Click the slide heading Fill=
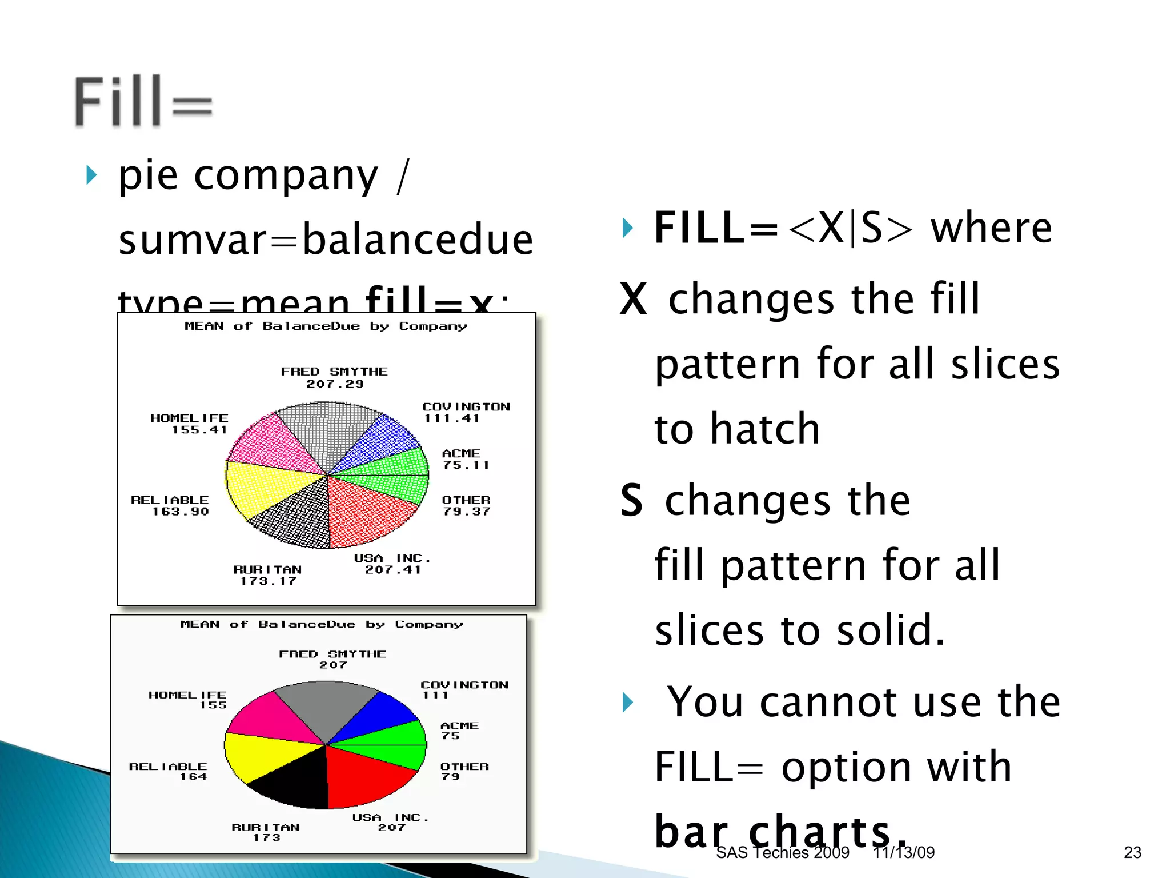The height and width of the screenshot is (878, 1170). (143, 101)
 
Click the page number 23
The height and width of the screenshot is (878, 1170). (1132, 852)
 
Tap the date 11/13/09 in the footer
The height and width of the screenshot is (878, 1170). (904, 852)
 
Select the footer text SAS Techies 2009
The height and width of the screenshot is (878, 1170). (782, 852)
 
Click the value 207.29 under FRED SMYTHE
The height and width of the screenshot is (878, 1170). (335, 384)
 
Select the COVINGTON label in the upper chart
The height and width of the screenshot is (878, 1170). (466, 406)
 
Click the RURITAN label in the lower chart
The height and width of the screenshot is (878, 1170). (266, 827)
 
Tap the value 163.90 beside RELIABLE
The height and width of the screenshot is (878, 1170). (180, 512)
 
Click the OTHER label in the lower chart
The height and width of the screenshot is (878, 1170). (464, 767)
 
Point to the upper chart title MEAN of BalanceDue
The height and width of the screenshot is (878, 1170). (326, 326)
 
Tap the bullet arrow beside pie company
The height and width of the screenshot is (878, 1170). (91, 175)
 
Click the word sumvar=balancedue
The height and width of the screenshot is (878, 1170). (326, 239)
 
